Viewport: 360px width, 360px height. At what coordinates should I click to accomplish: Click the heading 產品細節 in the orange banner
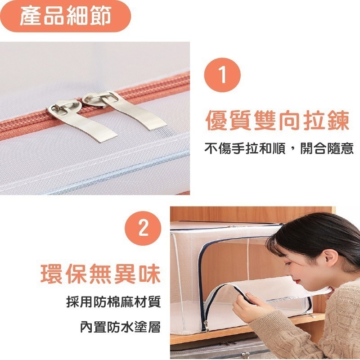(65, 17)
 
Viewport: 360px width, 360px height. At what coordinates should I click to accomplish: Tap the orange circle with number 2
(144, 229)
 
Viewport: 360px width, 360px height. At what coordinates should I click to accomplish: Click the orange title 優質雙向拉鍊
(278, 121)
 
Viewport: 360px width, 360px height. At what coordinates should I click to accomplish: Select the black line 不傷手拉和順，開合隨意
(279, 148)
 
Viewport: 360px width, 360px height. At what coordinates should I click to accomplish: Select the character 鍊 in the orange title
(337, 121)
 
